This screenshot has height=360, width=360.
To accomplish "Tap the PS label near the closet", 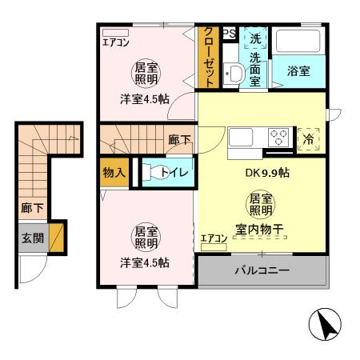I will coord(229,34).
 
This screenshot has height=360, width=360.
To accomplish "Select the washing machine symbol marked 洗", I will coord(254,38).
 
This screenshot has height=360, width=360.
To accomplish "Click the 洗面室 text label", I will coord(254,70).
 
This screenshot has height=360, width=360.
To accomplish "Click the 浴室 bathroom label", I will coord(298,70).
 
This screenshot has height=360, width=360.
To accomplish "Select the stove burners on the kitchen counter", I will coord(278,135).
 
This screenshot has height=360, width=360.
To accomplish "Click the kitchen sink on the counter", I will coord(241,136).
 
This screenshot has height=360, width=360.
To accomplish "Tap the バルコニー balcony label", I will coord(261,271).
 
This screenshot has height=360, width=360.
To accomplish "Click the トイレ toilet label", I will coord(174,171).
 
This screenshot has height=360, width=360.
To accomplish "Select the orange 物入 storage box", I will coord(113,171).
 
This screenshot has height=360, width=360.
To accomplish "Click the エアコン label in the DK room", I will coord(213,238).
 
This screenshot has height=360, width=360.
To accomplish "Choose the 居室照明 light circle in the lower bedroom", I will coord(145,237).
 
